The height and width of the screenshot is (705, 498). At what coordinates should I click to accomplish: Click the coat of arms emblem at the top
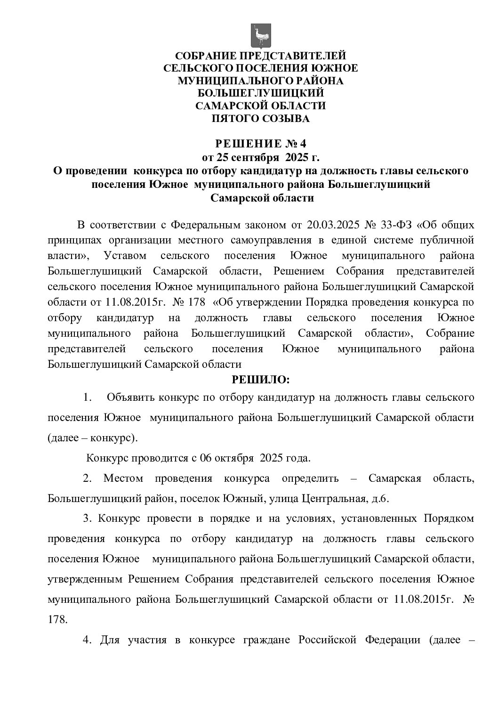click(260, 36)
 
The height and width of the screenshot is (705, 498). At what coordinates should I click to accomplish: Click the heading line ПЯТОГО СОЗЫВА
click(260, 119)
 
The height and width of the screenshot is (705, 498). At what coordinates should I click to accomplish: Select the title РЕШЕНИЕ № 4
click(260, 143)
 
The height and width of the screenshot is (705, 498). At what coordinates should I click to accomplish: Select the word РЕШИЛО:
click(260, 379)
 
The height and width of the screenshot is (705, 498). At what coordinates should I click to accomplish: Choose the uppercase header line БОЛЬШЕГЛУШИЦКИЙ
click(260, 93)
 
